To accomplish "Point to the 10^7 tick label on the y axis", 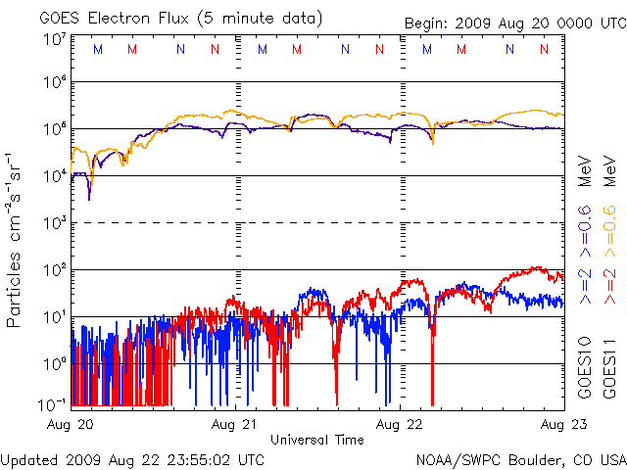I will (x=54, y=40).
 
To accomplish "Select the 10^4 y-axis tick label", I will (x=54, y=174).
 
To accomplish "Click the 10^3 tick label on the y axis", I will (x=54, y=221).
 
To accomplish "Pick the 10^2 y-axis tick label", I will (x=54, y=268).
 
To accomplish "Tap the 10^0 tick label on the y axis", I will (x=54, y=362).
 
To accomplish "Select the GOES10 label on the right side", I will (x=585, y=368).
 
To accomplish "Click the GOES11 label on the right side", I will (x=608, y=368).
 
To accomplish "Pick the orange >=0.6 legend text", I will (x=608, y=228).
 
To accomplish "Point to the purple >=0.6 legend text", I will (x=585, y=228).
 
